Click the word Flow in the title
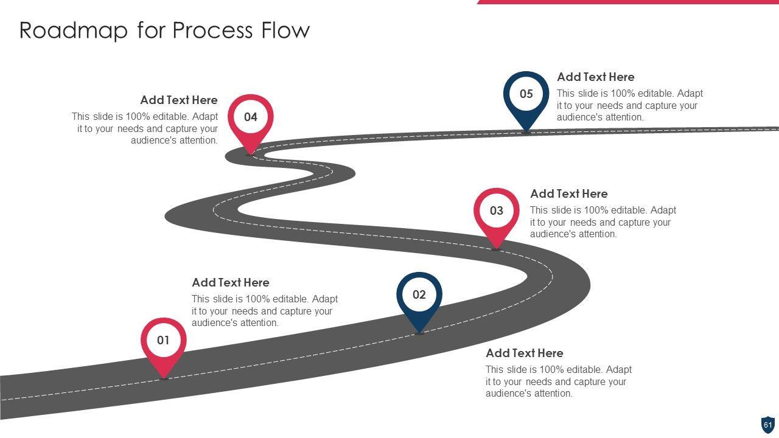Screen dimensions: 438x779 [x=285, y=30]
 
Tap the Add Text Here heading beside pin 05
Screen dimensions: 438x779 [x=595, y=77]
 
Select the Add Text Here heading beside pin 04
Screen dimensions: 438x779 [x=178, y=100]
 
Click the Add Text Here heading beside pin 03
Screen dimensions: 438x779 [x=568, y=194]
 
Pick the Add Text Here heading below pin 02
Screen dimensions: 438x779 [x=524, y=353]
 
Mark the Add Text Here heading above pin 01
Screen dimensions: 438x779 [x=230, y=283]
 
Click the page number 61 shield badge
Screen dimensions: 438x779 [x=767, y=425]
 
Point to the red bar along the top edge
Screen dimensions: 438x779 [x=627, y=2]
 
